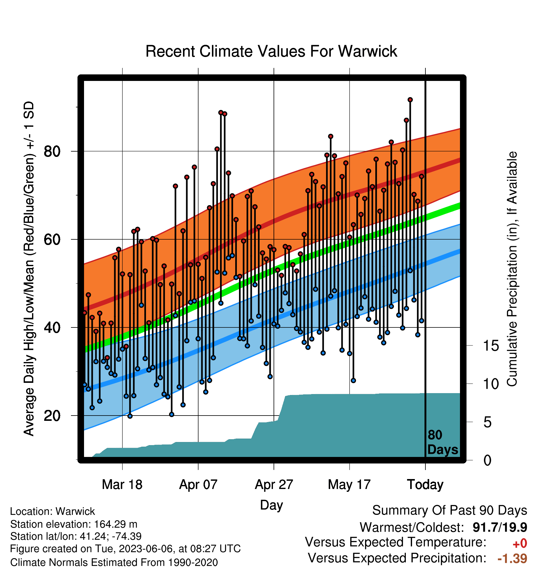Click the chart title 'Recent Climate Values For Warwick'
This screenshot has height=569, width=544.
271,51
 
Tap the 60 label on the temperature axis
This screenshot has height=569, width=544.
52,240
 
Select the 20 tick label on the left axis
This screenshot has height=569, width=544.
52,416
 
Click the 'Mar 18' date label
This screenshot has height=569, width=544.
122,485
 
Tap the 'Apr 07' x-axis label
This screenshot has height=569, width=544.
198,485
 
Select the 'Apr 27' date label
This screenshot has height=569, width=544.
274,485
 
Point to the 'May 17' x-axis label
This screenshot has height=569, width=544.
349,485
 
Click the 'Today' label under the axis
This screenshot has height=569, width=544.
425,485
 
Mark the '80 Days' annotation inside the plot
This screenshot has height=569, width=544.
443,442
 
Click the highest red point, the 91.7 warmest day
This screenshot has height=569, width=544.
410,100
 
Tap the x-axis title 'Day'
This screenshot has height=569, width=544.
271,505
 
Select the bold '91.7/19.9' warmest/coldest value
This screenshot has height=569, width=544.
500,527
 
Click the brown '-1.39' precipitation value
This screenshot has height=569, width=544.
512,558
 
